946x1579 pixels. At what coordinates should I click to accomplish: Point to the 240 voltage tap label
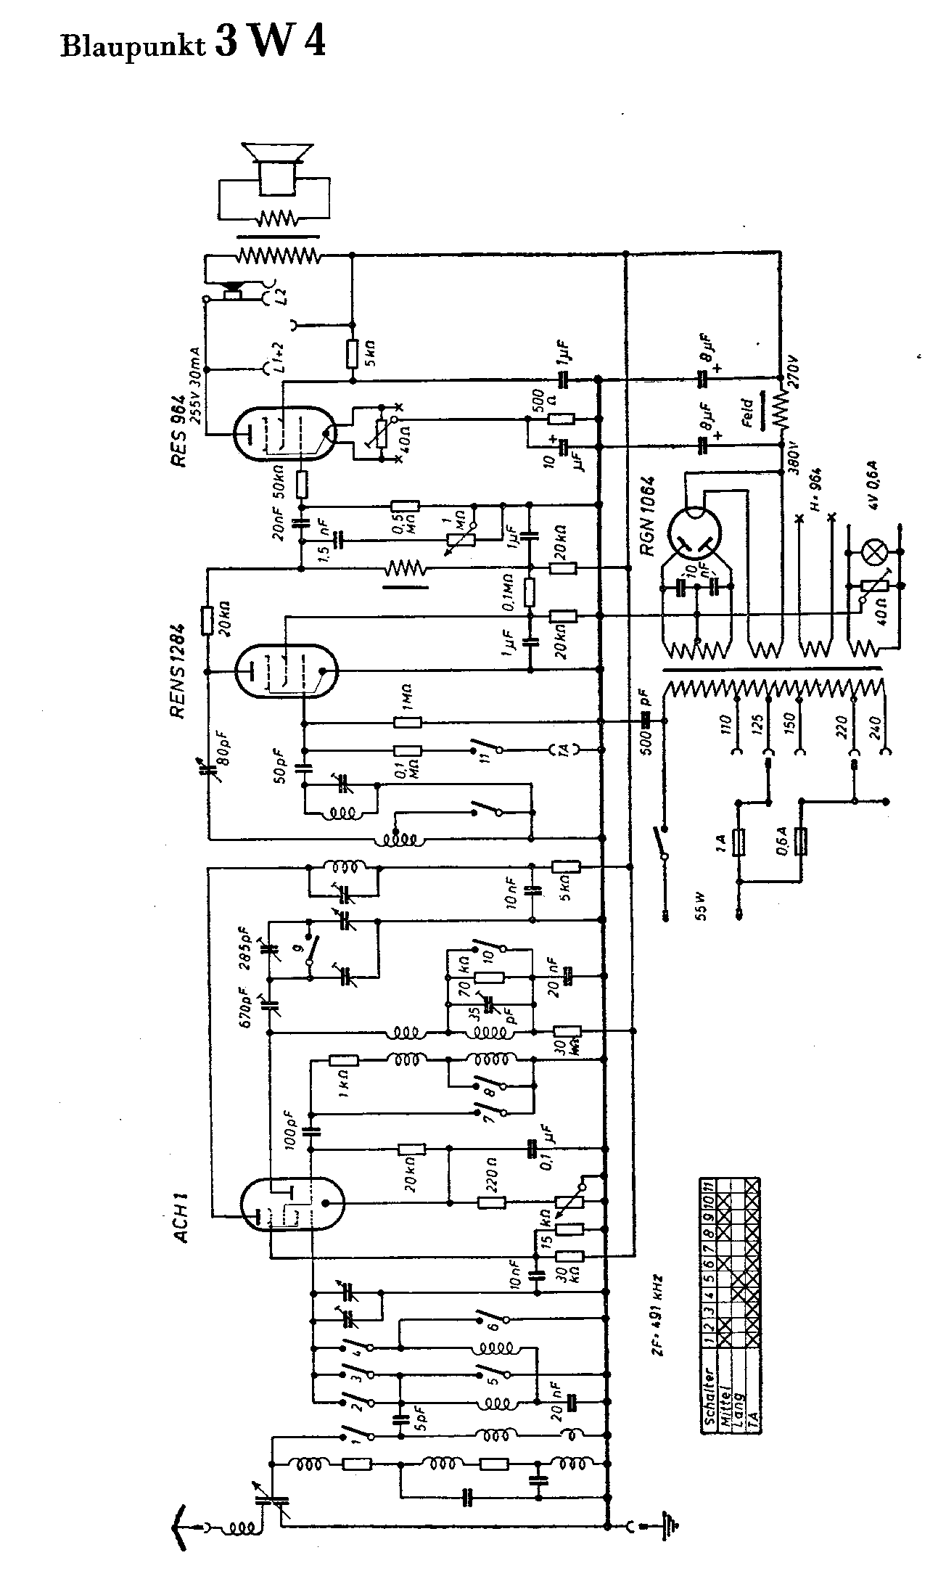pos(874,725)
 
